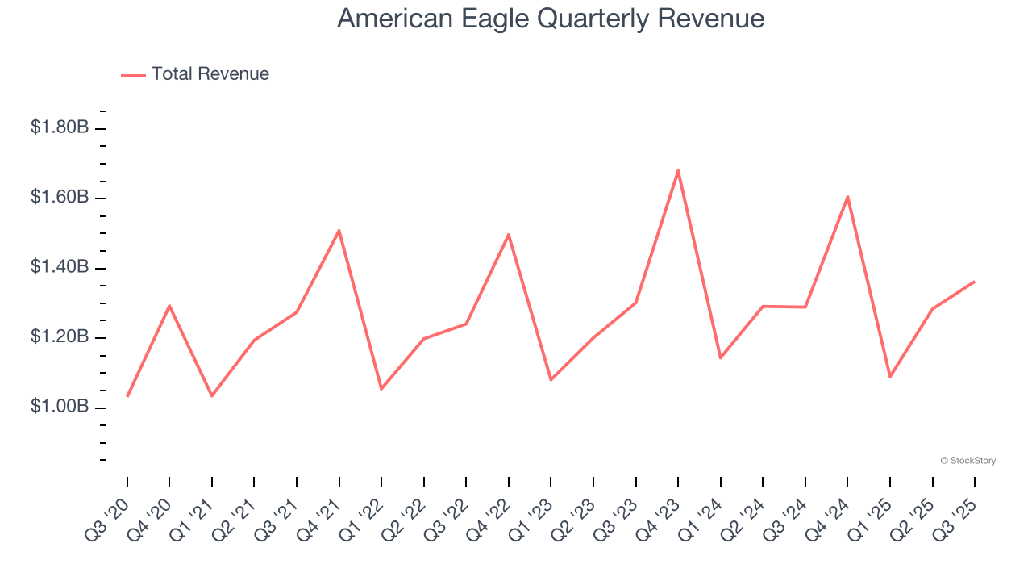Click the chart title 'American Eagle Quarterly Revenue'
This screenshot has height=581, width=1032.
tap(551, 18)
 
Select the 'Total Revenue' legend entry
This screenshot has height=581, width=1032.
tap(210, 74)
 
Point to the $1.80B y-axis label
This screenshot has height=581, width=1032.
tap(60, 127)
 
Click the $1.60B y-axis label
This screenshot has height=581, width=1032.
tap(60, 197)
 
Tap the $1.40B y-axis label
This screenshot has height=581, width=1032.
tap(60, 267)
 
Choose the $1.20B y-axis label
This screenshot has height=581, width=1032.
tap(60, 336)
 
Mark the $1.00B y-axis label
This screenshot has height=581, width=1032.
tap(60, 407)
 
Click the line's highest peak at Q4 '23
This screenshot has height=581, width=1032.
tap(678, 170)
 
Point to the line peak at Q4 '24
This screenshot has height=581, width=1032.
tap(847, 196)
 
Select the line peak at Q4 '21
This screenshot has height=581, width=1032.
tap(339, 230)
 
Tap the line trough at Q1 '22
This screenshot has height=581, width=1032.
tap(381, 389)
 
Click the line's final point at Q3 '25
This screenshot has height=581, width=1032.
tap(975, 282)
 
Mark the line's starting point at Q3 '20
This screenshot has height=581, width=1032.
tap(127, 396)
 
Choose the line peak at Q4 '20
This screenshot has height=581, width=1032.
tap(169, 305)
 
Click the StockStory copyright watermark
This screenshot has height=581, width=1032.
tap(967, 461)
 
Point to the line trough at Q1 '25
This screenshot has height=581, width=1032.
tap(890, 377)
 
